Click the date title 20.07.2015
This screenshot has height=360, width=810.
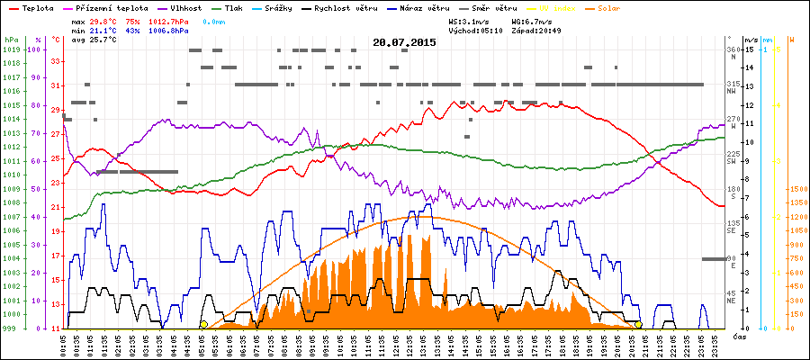[404, 42]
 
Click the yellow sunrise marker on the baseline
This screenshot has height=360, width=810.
[204, 325]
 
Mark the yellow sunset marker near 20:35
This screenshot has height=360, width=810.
[638, 325]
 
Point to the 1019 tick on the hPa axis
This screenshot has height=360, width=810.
[11, 49]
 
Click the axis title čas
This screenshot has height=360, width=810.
[738, 337]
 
